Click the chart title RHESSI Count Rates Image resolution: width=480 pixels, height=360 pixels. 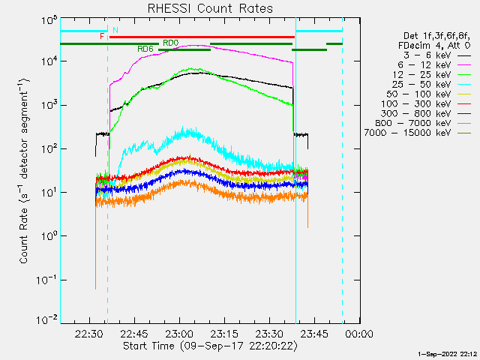tap(210, 8)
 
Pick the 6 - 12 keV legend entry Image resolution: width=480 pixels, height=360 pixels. tap(434, 65)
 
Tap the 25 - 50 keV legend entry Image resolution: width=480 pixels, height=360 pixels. tap(431, 84)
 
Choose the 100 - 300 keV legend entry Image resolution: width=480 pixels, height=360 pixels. tap(426, 103)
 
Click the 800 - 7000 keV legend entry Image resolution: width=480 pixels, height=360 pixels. tap(423, 123)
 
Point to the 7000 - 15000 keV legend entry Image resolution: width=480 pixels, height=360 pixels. tap(418, 133)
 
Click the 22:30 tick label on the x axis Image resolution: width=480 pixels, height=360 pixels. tap(89, 333)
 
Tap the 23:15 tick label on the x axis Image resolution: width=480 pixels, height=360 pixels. tap(224, 333)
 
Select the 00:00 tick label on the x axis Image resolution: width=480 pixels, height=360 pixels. tap(359, 333)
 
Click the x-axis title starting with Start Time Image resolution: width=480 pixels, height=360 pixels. tap(210, 346)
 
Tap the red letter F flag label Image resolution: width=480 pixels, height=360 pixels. tap(102, 37)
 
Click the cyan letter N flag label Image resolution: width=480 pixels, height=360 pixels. tap(115, 30)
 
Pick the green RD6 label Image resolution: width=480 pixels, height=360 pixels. tap(145, 49)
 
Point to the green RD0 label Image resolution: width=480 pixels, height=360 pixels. tap(170, 43)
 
